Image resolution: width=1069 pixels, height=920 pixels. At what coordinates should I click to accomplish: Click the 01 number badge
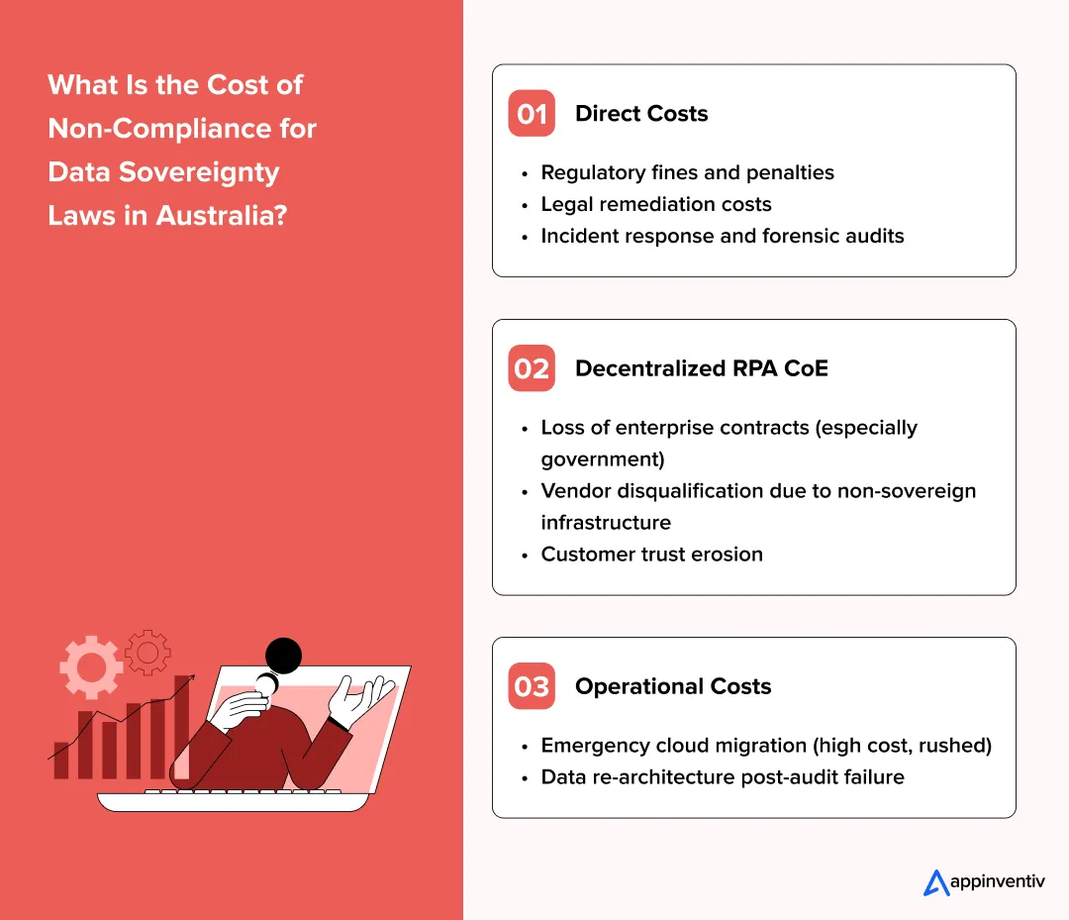click(532, 114)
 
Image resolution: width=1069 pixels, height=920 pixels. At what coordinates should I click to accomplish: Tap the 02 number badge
click(532, 368)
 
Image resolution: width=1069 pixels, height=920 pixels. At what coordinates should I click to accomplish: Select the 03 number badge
click(532, 686)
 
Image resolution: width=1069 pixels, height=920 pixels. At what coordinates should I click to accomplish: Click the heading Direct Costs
click(641, 114)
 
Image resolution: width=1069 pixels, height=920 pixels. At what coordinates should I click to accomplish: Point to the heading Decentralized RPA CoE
click(701, 368)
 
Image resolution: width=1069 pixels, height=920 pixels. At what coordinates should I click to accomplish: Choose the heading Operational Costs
click(673, 686)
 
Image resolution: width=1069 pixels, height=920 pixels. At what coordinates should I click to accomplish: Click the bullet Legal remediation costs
click(655, 204)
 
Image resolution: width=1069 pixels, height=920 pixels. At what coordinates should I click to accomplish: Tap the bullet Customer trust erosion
click(651, 555)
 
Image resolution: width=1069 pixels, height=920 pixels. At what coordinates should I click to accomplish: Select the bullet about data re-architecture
click(722, 777)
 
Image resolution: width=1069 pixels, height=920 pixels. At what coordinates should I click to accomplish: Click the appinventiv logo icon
click(935, 882)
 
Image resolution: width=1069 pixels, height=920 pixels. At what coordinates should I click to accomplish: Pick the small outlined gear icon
click(148, 652)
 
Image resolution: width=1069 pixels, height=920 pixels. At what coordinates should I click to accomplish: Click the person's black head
click(284, 655)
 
